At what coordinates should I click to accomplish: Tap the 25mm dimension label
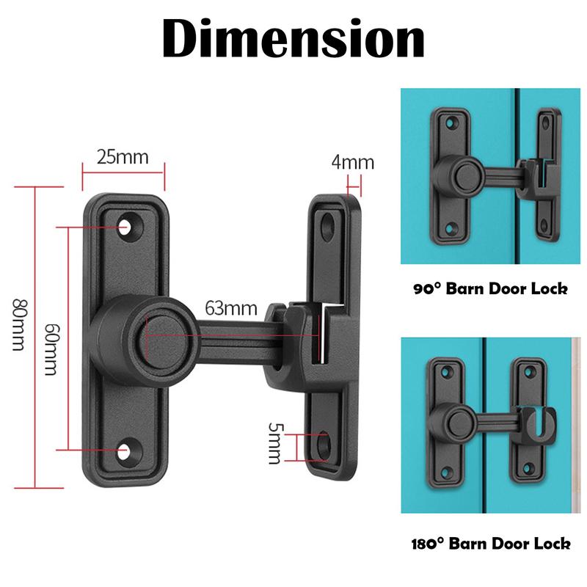123,158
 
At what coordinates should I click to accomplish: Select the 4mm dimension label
352,162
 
